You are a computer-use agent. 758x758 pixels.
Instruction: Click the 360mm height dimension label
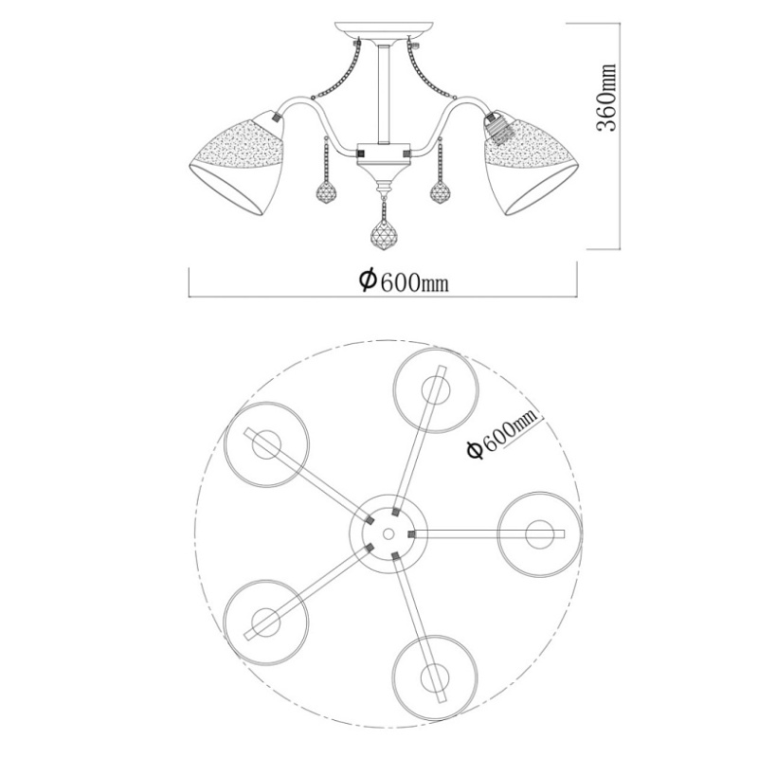click(x=606, y=98)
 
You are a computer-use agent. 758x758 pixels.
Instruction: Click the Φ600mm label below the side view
click(x=404, y=280)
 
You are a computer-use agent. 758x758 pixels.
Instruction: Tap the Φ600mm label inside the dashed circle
click(x=503, y=435)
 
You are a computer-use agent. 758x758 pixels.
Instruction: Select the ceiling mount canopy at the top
click(x=384, y=30)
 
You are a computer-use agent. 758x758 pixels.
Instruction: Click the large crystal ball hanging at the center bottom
click(x=384, y=236)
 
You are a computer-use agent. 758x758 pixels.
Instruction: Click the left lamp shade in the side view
click(x=236, y=162)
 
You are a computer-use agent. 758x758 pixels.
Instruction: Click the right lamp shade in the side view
click(x=531, y=162)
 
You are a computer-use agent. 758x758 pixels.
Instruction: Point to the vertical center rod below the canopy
click(x=384, y=94)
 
